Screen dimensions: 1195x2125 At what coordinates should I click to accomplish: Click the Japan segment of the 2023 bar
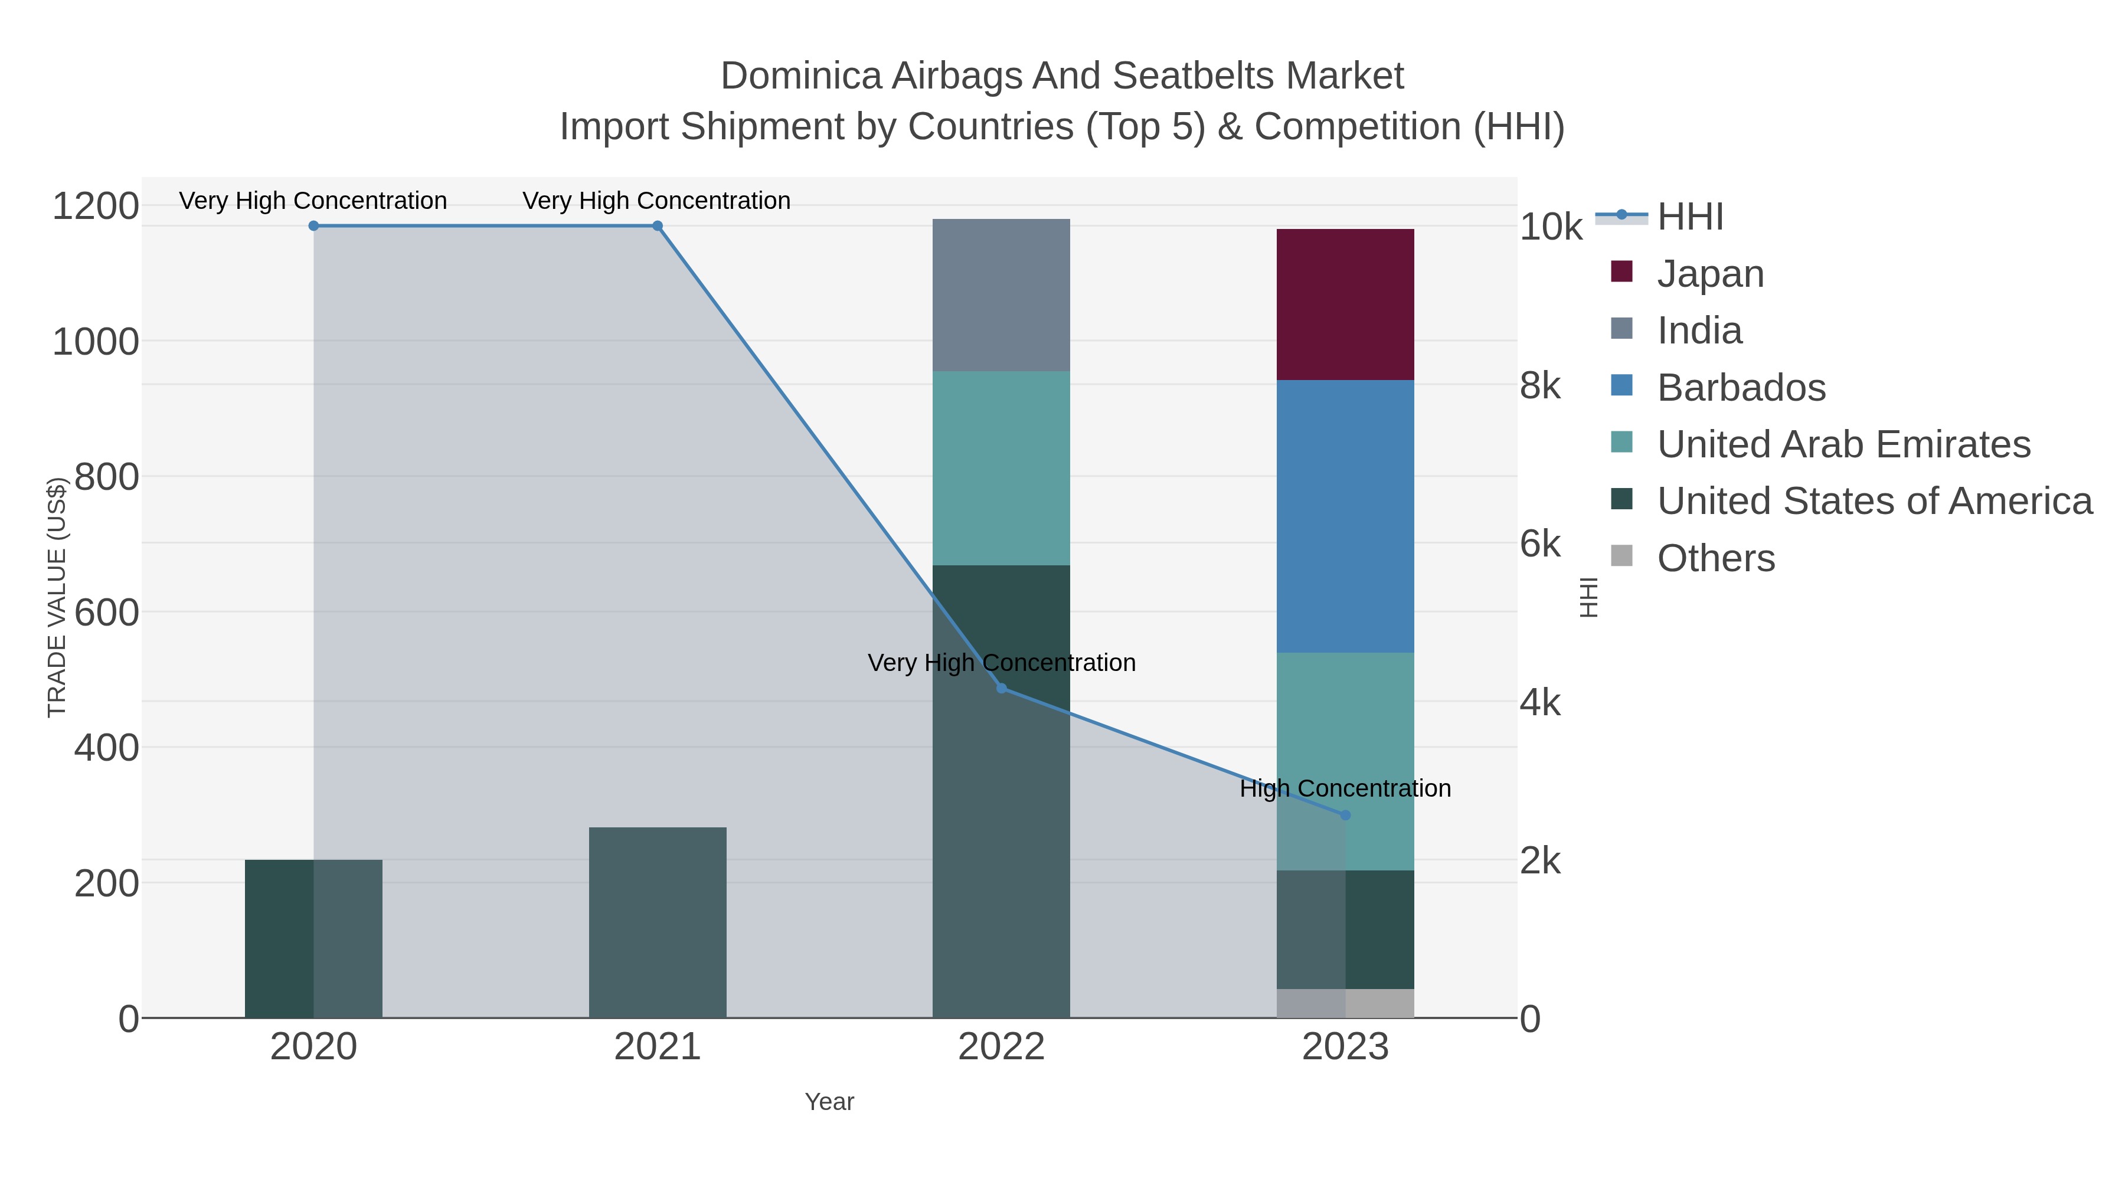point(1345,305)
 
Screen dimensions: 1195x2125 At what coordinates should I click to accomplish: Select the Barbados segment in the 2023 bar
point(1345,516)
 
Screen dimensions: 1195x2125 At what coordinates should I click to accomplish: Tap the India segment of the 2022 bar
point(1001,294)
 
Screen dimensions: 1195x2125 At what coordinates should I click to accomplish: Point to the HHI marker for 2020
point(313,226)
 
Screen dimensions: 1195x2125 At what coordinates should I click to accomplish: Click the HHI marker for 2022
point(1002,689)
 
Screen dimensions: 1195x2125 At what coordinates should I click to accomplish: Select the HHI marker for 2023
point(1345,816)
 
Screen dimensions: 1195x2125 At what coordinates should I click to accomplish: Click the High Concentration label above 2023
point(1345,788)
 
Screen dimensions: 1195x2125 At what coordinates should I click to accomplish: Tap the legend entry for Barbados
point(1741,388)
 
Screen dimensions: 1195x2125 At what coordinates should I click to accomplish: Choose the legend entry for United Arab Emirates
point(1843,444)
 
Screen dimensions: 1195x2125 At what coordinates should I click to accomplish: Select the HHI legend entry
point(1689,217)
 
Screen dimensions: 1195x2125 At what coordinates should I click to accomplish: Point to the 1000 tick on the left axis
point(96,342)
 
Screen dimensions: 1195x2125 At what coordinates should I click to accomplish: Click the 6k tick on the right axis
point(1539,544)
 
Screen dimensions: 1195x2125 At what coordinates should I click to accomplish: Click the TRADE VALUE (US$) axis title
point(56,597)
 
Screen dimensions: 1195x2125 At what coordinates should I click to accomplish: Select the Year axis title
point(829,1102)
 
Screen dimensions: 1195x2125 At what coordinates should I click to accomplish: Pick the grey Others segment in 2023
point(1345,1003)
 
